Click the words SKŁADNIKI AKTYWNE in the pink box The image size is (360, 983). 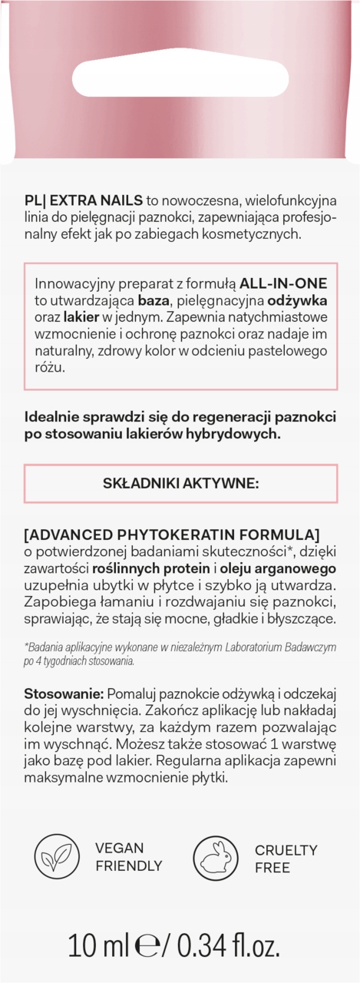tap(181, 483)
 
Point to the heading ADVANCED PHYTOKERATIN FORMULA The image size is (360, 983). tap(172, 535)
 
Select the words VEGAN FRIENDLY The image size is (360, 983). tap(127, 858)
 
